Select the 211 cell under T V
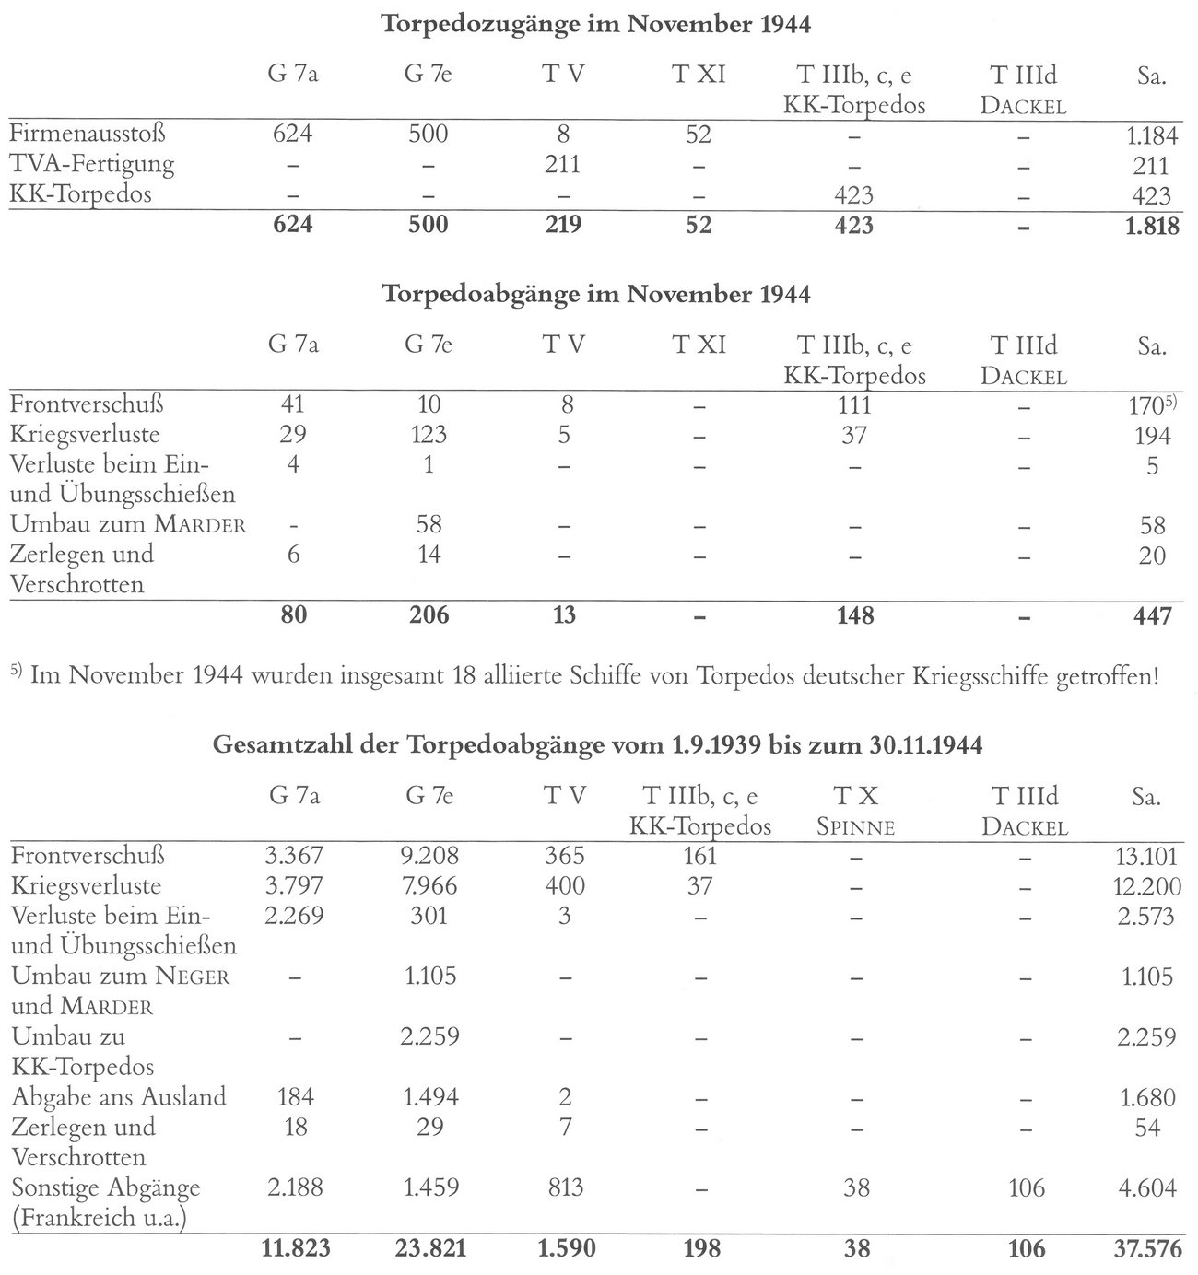click(x=563, y=165)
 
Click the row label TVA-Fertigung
click(x=92, y=165)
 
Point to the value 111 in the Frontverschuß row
click(x=854, y=404)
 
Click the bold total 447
click(x=1152, y=614)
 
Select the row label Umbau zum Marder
click(x=128, y=525)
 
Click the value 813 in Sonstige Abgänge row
click(x=563, y=1187)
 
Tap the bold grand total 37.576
click(x=1144, y=1248)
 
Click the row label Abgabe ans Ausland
click(x=119, y=1097)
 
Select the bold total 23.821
click(x=429, y=1248)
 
